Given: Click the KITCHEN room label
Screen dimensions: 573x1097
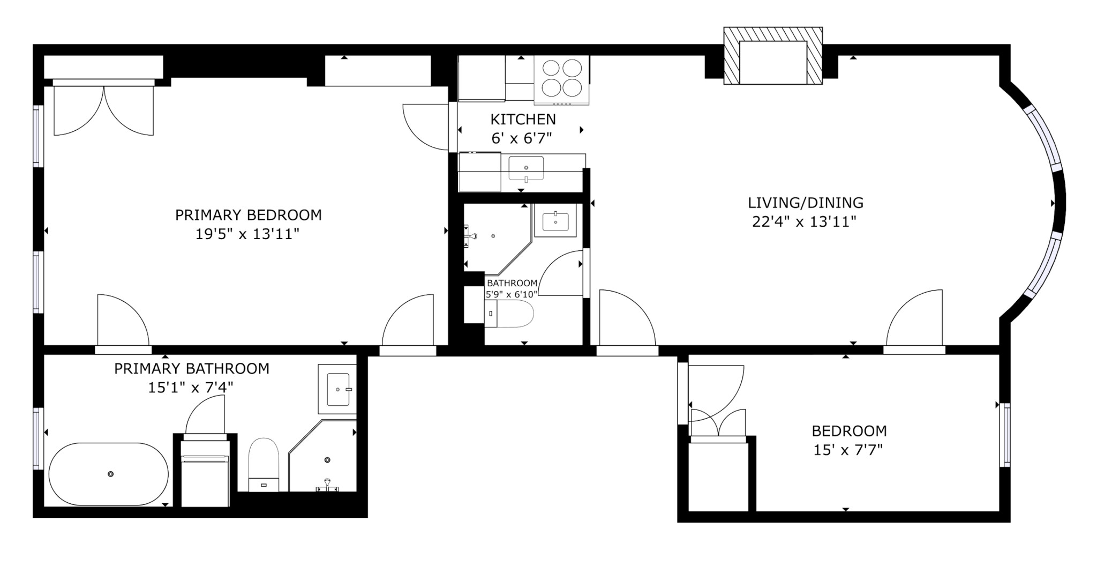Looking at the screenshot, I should point(523,119).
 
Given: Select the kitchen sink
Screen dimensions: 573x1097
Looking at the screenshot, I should point(525,168).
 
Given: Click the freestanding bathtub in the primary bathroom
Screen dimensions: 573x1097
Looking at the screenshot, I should point(109,474).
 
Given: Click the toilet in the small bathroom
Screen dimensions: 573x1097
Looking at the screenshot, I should point(509,314).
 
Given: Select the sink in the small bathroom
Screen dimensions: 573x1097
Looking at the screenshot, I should point(555,220).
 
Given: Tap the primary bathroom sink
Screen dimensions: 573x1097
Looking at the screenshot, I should point(337,389).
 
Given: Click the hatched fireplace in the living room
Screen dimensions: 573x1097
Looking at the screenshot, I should point(773,56).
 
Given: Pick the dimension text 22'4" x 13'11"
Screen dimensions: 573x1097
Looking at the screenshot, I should point(805,221).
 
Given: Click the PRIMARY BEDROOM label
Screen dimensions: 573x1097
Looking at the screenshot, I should point(249,215).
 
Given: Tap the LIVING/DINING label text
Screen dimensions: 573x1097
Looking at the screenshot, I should point(806,203).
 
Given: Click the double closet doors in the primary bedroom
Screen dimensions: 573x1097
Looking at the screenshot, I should point(103,110).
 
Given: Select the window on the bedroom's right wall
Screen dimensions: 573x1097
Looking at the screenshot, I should point(1005,435).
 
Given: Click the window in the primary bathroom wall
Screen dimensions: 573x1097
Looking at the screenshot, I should point(37,438).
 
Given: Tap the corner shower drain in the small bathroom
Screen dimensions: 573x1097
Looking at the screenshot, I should point(493,236).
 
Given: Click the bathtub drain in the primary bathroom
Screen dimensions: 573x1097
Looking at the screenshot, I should point(110,474).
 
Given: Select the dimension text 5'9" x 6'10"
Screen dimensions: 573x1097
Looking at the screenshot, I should point(511,294).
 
